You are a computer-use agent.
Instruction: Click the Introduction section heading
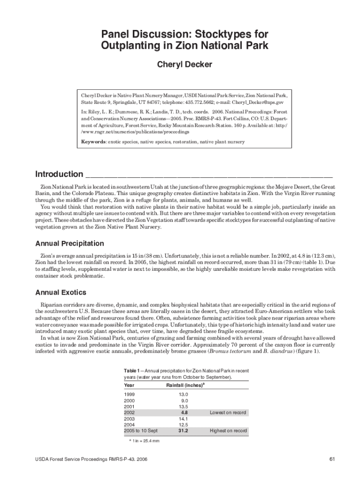pyautogui.click(x=59, y=174)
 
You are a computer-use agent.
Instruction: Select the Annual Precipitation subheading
pyautogui.click(x=70, y=244)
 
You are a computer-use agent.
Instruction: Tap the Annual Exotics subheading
pyautogui.click(x=61, y=293)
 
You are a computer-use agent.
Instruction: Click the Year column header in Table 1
pyautogui.click(x=129, y=385)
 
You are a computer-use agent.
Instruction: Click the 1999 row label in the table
pyautogui.click(x=130, y=395)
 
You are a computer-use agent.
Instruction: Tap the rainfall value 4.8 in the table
pyautogui.click(x=184, y=413)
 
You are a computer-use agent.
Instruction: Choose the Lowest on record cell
pyautogui.click(x=228, y=413)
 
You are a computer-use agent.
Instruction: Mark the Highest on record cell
pyautogui.click(x=228, y=431)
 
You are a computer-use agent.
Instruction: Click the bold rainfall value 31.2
pyautogui.click(x=183, y=431)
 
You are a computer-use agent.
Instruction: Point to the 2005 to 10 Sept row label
pyautogui.click(x=141, y=431)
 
